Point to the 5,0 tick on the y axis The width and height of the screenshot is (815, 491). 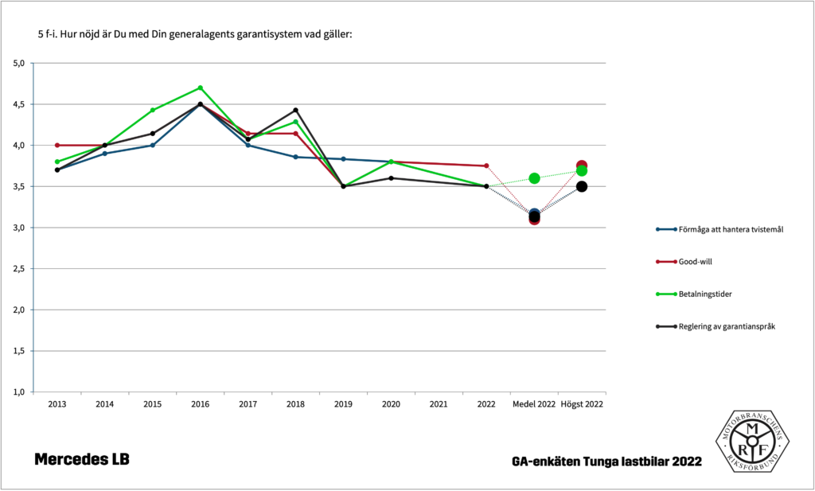(20, 63)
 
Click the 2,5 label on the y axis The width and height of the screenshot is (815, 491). (20, 269)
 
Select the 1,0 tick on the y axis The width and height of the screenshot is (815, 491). (20, 392)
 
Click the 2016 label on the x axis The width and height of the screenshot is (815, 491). (200, 404)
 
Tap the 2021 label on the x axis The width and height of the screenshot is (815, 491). (439, 404)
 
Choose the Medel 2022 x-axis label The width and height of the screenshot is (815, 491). (534, 404)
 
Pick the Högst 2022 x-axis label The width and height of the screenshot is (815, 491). (582, 404)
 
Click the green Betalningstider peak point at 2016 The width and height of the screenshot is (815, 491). (200, 88)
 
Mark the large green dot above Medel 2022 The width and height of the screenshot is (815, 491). (534, 178)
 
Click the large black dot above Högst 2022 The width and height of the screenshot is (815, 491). (582, 186)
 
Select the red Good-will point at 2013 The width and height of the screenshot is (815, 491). (57, 145)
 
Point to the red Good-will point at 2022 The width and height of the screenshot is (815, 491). (486, 166)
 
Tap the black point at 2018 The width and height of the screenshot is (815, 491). (295, 110)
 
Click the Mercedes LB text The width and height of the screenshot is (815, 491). (81, 460)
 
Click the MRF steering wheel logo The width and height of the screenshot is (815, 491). (751, 442)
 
